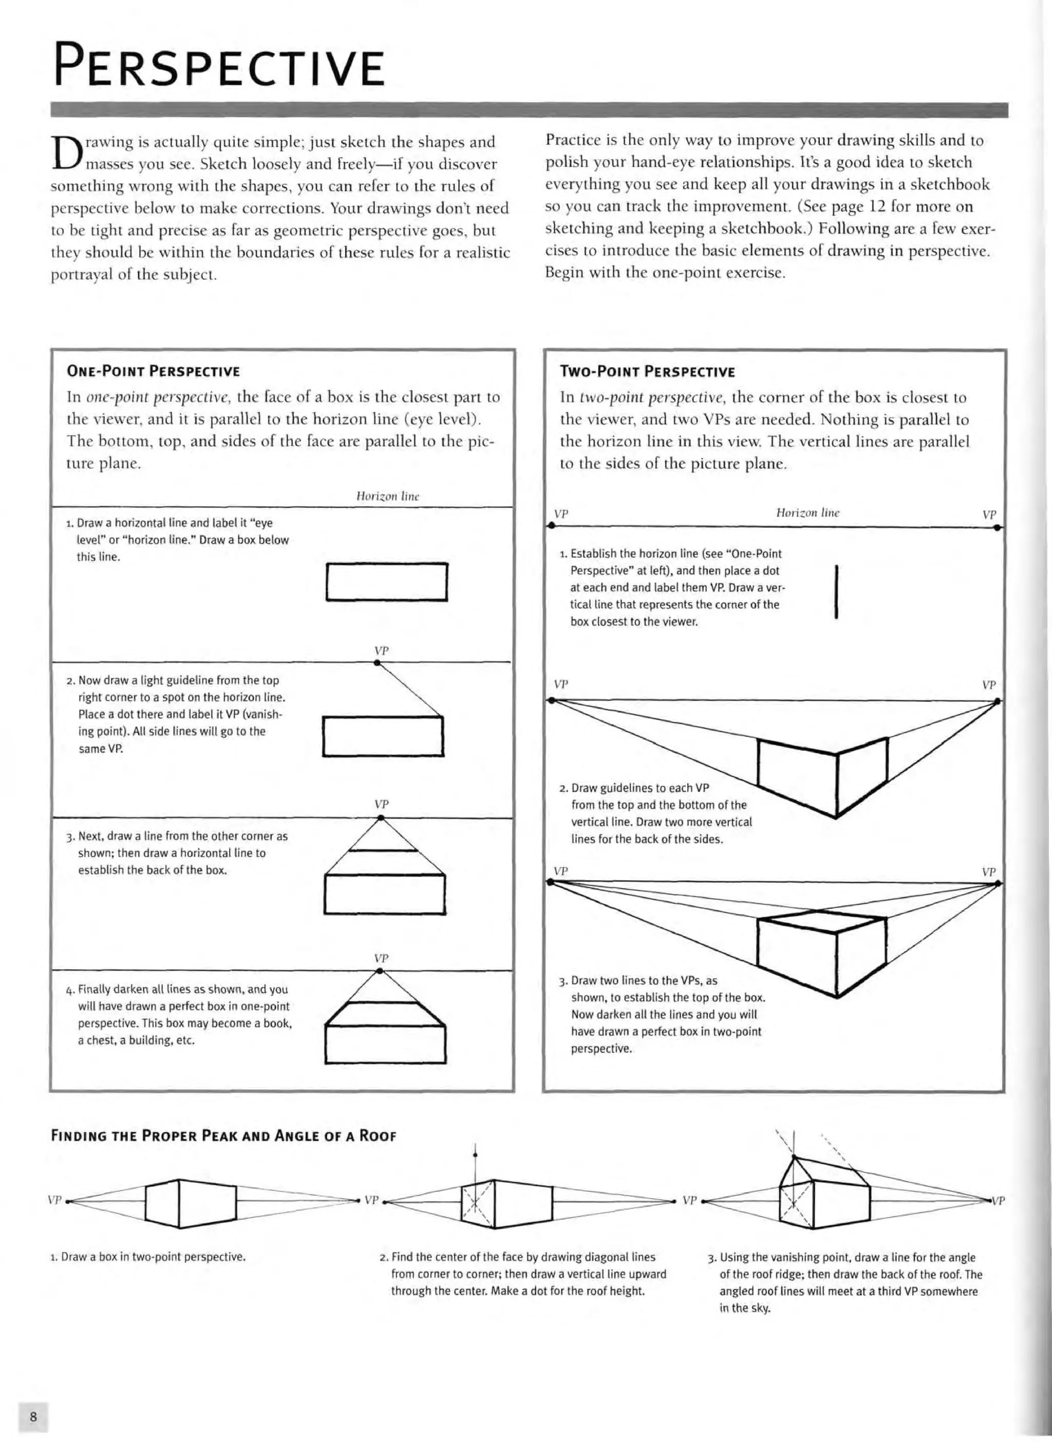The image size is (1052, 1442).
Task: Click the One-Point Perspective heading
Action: [x=154, y=371]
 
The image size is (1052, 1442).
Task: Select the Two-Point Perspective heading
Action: [x=647, y=372]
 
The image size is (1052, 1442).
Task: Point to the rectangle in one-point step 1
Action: [x=387, y=582]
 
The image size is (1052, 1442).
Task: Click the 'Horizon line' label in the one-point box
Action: [x=387, y=496]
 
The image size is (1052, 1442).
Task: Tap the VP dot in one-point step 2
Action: [x=378, y=663]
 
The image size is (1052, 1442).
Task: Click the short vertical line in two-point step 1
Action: [x=835, y=592]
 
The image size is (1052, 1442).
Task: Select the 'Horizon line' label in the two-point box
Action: [x=807, y=513]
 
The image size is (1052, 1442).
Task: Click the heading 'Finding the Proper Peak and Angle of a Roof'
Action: [x=223, y=1136]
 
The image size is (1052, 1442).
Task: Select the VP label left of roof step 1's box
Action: [x=55, y=1200]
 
